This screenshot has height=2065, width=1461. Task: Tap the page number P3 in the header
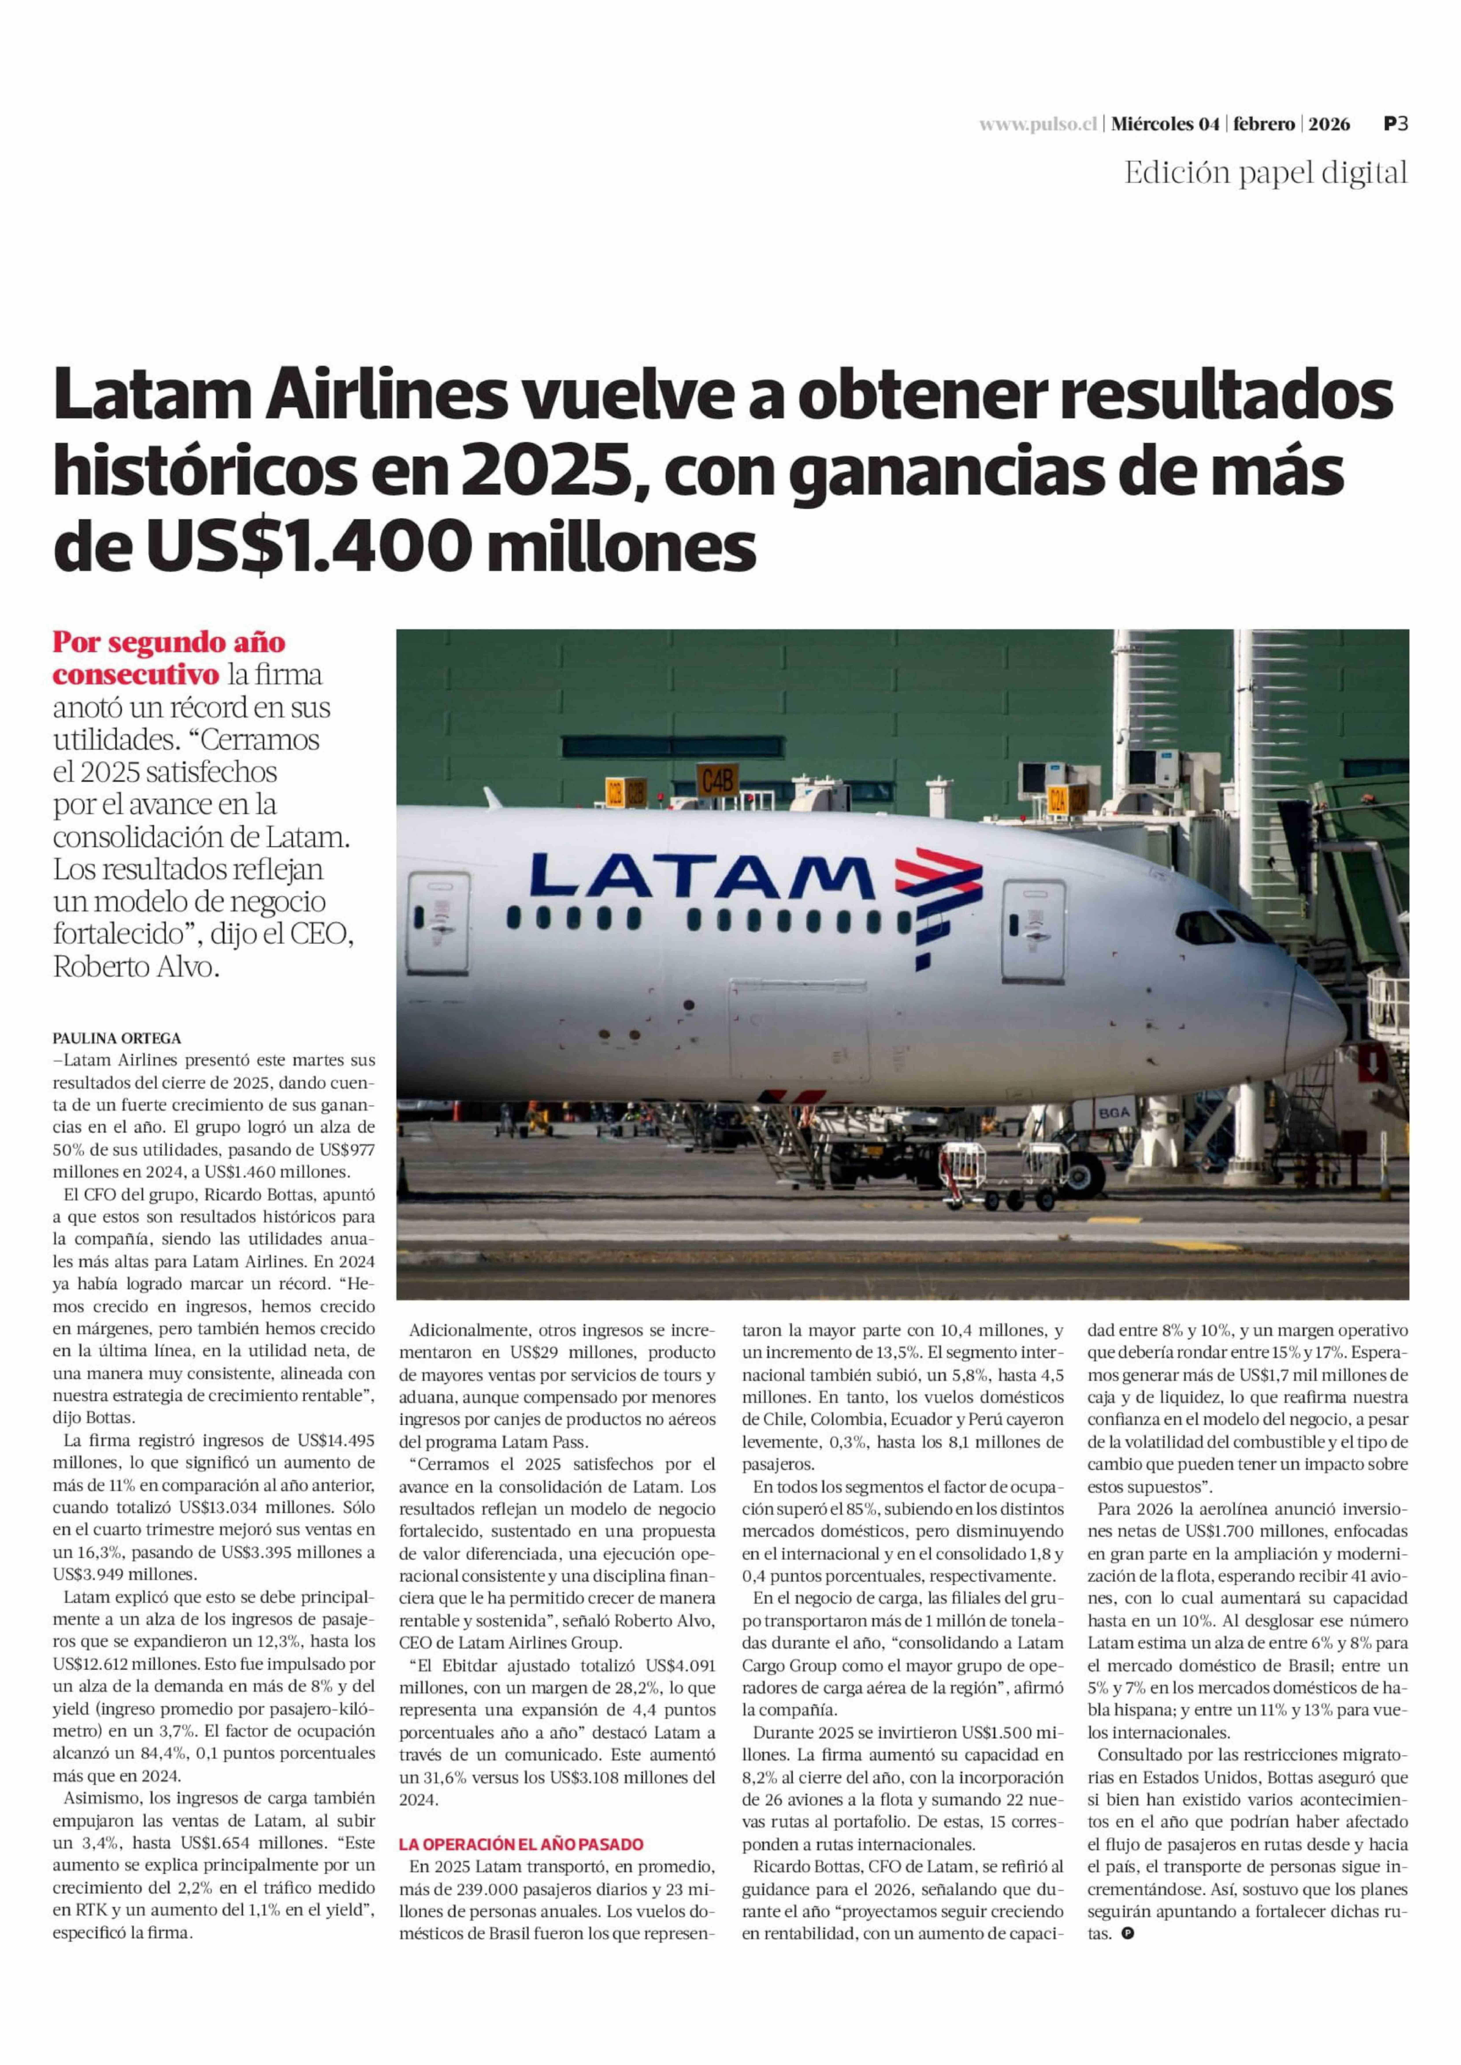[1395, 125]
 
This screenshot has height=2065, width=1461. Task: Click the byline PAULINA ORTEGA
[117, 1038]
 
